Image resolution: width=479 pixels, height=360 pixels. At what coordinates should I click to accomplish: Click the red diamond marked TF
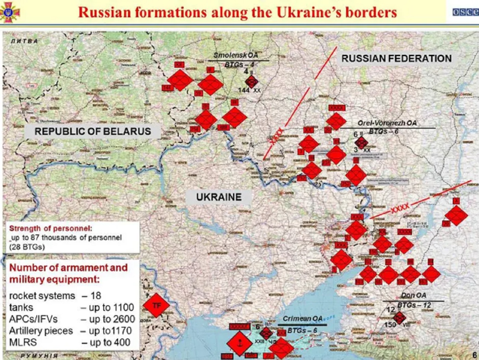click(x=156, y=305)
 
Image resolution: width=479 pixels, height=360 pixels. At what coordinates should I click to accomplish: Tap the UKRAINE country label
click(x=219, y=197)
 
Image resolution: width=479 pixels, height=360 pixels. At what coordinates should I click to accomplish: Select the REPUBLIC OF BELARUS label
click(x=92, y=131)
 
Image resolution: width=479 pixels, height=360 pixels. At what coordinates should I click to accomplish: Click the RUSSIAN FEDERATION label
click(x=396, y=59)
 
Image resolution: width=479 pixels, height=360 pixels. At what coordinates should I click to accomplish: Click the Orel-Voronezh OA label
click(x=387, y=123)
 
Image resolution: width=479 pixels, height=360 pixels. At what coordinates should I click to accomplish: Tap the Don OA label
click(x=413, y=295)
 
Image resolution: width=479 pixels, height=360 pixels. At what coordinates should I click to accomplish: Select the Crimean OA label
click(x=302, y=319)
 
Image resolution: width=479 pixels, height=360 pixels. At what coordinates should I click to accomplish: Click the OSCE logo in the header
click(x=465, y=12)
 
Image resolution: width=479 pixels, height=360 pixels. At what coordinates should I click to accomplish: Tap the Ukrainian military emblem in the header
click(x=10, y=12)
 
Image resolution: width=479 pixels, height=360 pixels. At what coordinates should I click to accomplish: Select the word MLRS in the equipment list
click(x=23, y=342)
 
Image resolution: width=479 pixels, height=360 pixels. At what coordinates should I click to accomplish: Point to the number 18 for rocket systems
click(x=96, y=296)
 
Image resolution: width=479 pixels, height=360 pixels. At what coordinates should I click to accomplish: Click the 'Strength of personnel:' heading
click(x=50, y=228)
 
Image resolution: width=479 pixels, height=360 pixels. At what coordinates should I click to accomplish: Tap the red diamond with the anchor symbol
click(x=239, y=343)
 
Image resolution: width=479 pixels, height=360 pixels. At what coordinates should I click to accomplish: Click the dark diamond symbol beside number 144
click(x=251, y=82)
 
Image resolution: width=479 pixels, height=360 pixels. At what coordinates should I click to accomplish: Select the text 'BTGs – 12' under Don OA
click(x=414, y=305)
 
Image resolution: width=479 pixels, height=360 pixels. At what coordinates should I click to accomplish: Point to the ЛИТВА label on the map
click(x=24, y=41)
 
